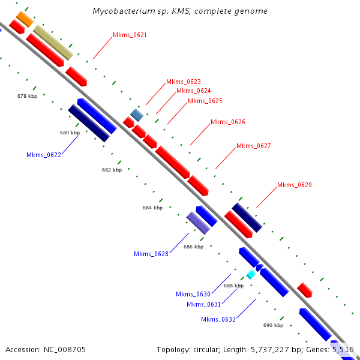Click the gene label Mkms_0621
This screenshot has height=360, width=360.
click(x=130, y=35)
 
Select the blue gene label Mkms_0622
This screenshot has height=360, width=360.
click(x=44, y=155)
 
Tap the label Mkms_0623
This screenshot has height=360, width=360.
click(x=183, y=81)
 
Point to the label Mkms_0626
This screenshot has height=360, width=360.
click(x=227, y=122)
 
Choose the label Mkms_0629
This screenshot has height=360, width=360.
click(x=294, y=185)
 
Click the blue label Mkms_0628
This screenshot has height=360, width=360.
click(x=151, y=254)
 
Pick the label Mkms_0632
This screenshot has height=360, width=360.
click(x=218, y=319)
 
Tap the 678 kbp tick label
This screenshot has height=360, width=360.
click(x=27, y=96)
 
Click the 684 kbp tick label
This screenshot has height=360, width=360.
click(x=152, y=208)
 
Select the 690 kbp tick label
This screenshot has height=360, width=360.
click(x=273, y=325)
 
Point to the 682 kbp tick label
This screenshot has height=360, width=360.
click(x=112, y=170)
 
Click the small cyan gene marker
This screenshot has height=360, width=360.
click(x=251, y=274)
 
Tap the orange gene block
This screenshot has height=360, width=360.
click(x=25, y=19)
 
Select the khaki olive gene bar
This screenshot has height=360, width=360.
click(x=53, y=42)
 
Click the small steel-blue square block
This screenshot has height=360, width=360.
click(x=137, y=114)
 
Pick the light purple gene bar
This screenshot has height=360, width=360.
click(x=198, y=223)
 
